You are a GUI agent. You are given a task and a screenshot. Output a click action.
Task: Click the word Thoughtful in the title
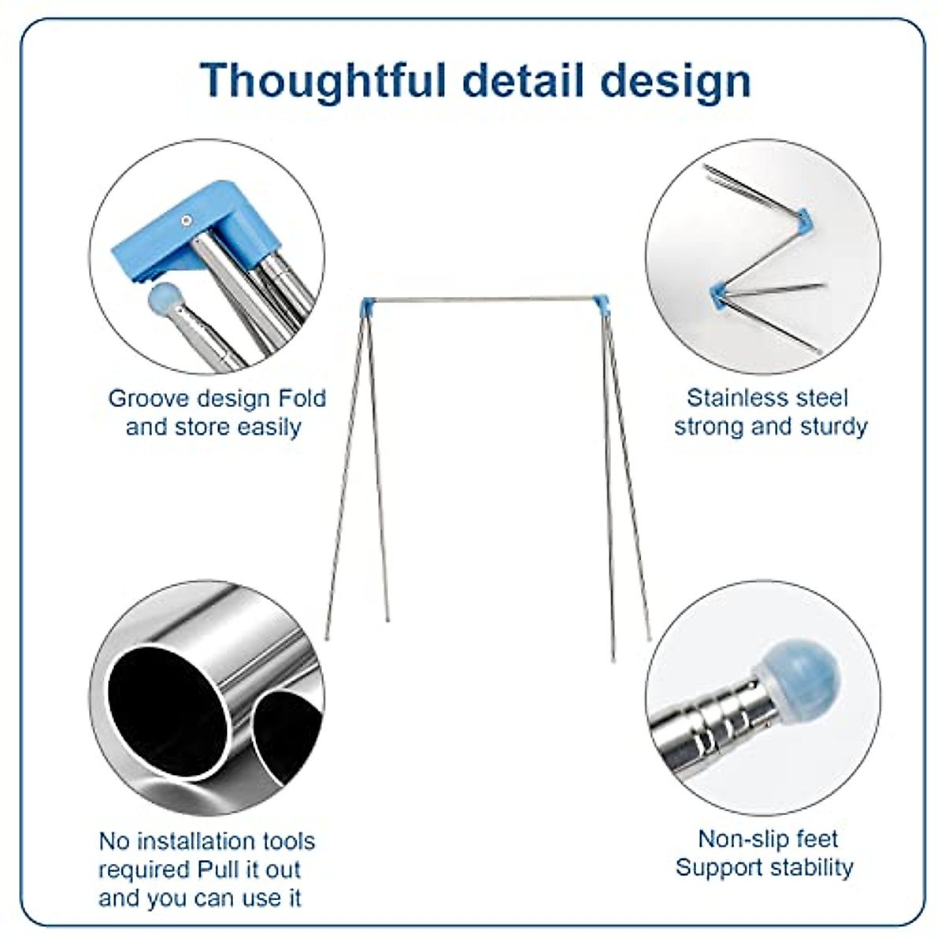coord(324,81)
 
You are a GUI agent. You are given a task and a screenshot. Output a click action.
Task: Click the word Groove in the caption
coord(150,398)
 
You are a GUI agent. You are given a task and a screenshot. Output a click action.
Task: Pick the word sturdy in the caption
coord(834,427)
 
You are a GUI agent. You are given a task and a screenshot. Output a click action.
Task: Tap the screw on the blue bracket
coord(185,220)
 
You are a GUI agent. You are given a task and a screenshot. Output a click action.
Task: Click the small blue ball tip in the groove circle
coord(165,298)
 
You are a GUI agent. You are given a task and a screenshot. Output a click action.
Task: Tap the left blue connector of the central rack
coord(368,306)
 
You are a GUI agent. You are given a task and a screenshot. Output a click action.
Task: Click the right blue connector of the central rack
coord(601,305)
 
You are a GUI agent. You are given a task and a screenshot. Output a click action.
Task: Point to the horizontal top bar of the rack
coord(484,298)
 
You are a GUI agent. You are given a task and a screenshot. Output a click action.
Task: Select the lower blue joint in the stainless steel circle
coord(718,297)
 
